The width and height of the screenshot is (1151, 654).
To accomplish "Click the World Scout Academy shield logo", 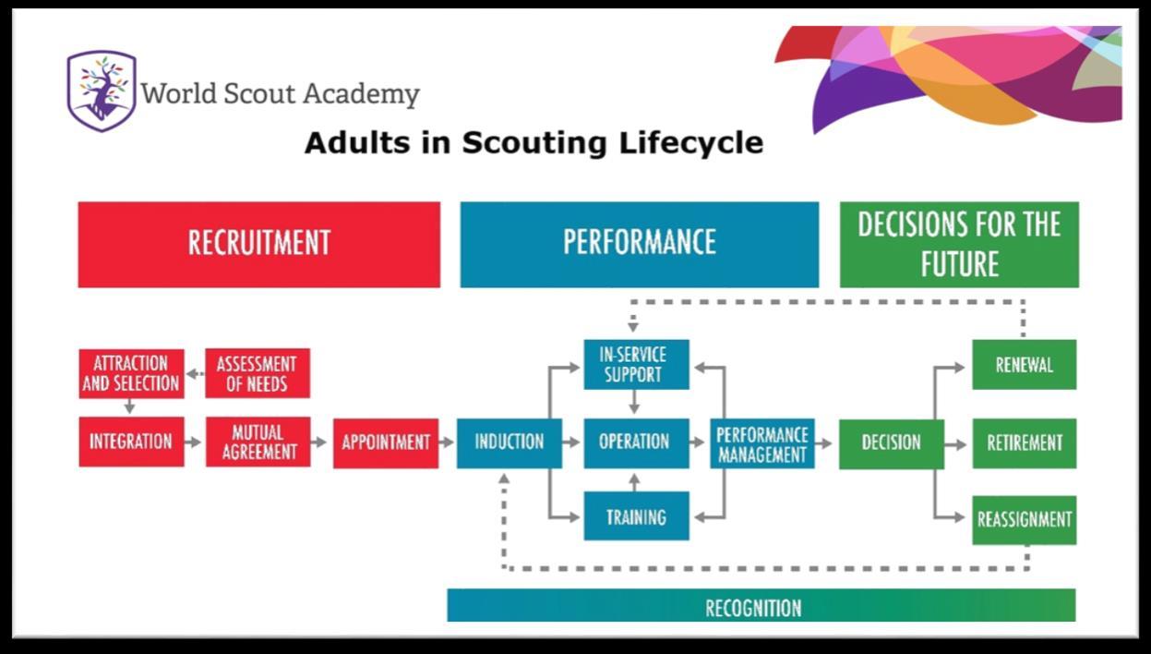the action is tap(102, 91).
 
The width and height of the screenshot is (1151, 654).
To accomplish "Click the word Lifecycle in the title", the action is tap(691, 142).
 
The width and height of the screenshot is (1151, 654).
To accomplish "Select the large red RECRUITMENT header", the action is tap(259, 244).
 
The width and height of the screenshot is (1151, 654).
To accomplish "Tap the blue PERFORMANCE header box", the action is tap(640, 244).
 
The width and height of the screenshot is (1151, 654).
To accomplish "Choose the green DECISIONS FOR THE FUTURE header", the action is tap(959, 244).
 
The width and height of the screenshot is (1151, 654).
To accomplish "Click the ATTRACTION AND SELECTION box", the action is tap(132, 374).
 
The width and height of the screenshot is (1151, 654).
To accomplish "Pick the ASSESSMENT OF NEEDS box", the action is tap(258, 373).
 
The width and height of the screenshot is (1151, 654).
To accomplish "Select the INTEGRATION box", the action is tap(132, 442).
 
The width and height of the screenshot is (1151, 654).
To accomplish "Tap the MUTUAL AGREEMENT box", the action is tap(258, 442).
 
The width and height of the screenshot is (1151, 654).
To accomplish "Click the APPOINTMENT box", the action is tap(386, 443).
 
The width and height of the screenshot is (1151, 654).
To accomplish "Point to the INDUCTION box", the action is tap(510, 443).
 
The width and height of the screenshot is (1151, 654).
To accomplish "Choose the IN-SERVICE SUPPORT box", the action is tap(636, 365).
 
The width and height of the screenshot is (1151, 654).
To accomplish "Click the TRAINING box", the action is tap(636, 515).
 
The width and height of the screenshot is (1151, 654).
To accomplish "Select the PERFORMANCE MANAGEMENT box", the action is tap(762, 443).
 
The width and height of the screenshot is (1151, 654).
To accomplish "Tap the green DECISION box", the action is tap(892, 444).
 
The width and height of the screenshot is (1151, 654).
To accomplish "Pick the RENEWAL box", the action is tap(1024, 365).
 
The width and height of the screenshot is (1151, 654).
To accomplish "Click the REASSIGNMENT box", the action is tap(1024, 520).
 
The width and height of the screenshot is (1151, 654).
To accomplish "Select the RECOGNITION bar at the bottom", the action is tap(761, 605).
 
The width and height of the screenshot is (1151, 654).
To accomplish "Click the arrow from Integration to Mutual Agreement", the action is tap(193, 442).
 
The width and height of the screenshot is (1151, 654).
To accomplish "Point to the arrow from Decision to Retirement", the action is tap(955, 444).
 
